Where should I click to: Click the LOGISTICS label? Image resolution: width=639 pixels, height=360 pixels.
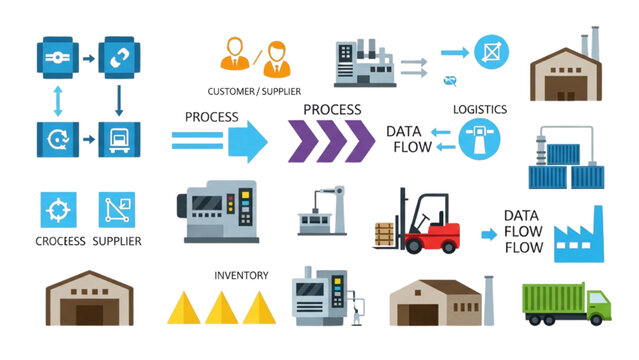[x=480, y=109]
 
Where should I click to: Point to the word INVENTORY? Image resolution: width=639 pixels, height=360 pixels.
[x=241, y=274]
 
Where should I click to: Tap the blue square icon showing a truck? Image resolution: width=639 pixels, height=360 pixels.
[x=117, y=135]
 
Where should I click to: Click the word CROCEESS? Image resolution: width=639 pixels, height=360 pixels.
[x=60, y=241]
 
